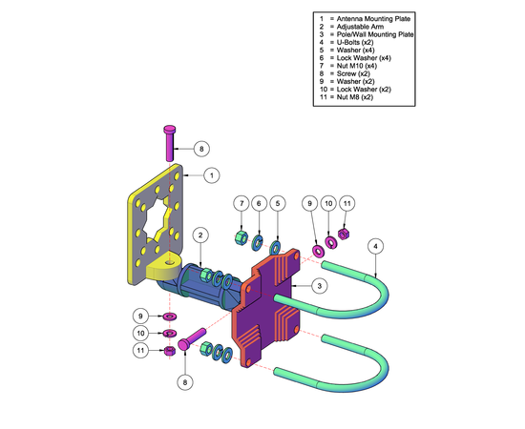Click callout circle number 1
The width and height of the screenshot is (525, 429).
point(212,175)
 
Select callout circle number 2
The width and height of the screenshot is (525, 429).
point(200,235)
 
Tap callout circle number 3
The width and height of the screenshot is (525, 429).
point(319,286)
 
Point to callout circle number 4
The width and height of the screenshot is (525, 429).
point(376,246)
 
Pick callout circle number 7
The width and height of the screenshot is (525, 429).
point(241,203)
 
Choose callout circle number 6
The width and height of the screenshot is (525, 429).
point(259,203)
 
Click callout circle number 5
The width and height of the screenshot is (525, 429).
point(278,203)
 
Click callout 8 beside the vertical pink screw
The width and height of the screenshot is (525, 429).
point(201,149)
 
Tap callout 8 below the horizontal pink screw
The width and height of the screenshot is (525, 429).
point(185,382)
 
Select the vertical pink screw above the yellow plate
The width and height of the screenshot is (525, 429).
point(170,143)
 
